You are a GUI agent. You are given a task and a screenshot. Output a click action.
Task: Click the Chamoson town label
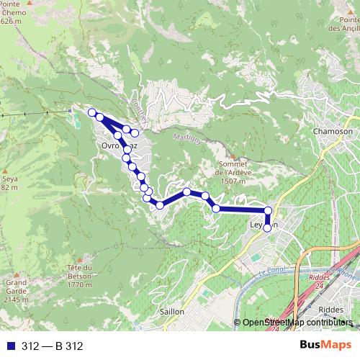pyautogui.click(x=333, y=132)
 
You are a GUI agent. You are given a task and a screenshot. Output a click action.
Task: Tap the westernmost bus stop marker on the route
pyautogui.click(x=91, y=112)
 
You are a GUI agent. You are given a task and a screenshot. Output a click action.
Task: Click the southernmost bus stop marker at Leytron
pyautogui.click(x=268, y=228)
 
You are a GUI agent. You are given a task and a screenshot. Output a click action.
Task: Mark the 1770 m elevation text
pyautogui.click(x=78, y=283)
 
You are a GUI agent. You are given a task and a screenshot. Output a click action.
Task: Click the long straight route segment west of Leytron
pyautogui.click(x=242, y=210)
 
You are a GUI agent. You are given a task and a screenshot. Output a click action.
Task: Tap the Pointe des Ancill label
pyautogui.click(x=342, y=24)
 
